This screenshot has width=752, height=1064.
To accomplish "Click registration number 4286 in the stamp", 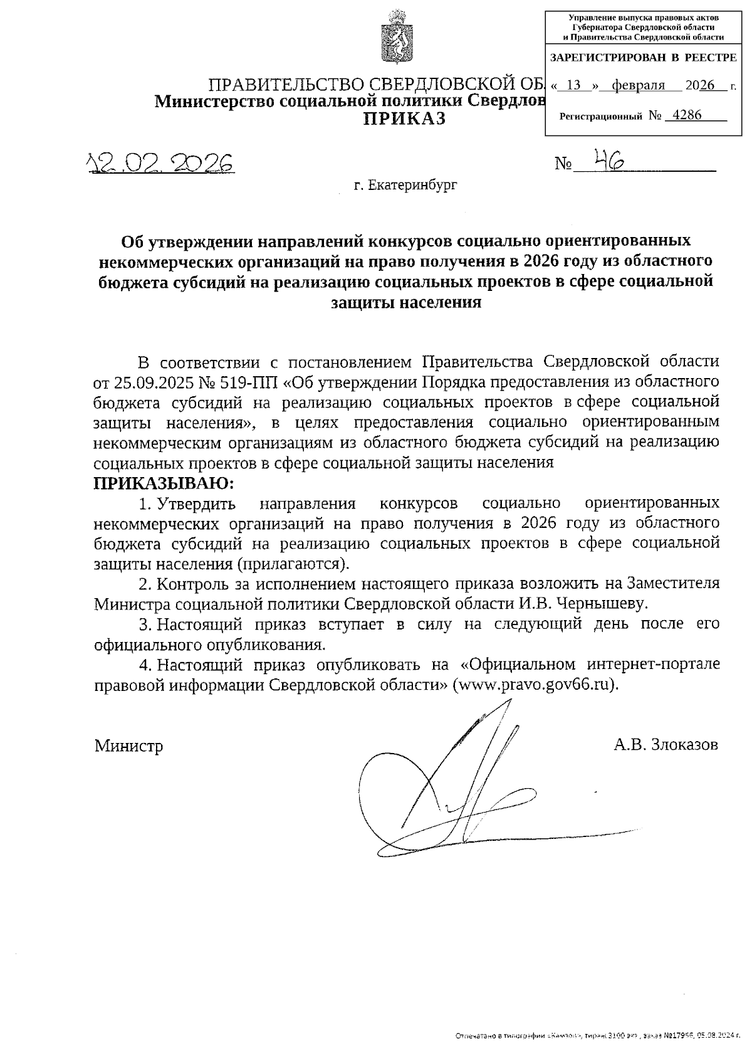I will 685,115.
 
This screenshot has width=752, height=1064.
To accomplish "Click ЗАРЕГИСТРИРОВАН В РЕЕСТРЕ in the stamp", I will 643,58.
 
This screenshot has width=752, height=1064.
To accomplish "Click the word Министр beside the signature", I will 128,745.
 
